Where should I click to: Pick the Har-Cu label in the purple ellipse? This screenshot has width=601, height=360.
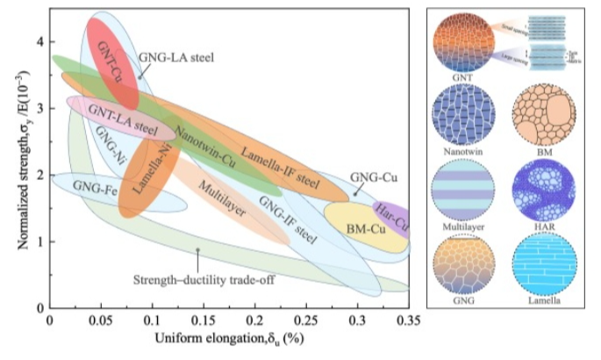point(391,217)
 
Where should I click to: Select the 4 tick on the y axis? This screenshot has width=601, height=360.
point(39,41)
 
